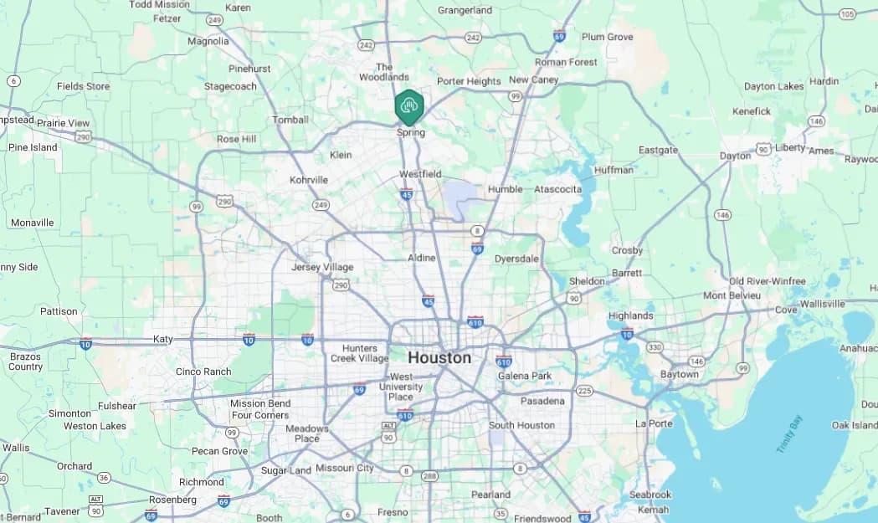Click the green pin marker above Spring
[x=409, y=106]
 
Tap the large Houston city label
[x=439, y=357]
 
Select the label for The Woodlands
[x=384, y=72]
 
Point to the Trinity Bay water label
[x=788, y=433]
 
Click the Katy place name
[x=162, y=339]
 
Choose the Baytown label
[x=679, y=374]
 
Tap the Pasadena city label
[x=542, y=401]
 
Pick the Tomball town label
[x=290, y=120]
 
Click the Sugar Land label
[x=285, y=470]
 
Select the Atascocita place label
[x=557, y=189]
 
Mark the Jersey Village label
[x=322, y=267]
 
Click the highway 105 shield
[x=847, y=13]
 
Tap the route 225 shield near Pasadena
[x=584, y=391]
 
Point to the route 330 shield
[x=655, y=346]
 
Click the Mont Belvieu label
[x=732, y=295]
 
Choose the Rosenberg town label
[x=173, y=500]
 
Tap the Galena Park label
[x=525, y=376]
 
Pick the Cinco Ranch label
[x=203, y=372]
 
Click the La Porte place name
[x=654, y=423]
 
